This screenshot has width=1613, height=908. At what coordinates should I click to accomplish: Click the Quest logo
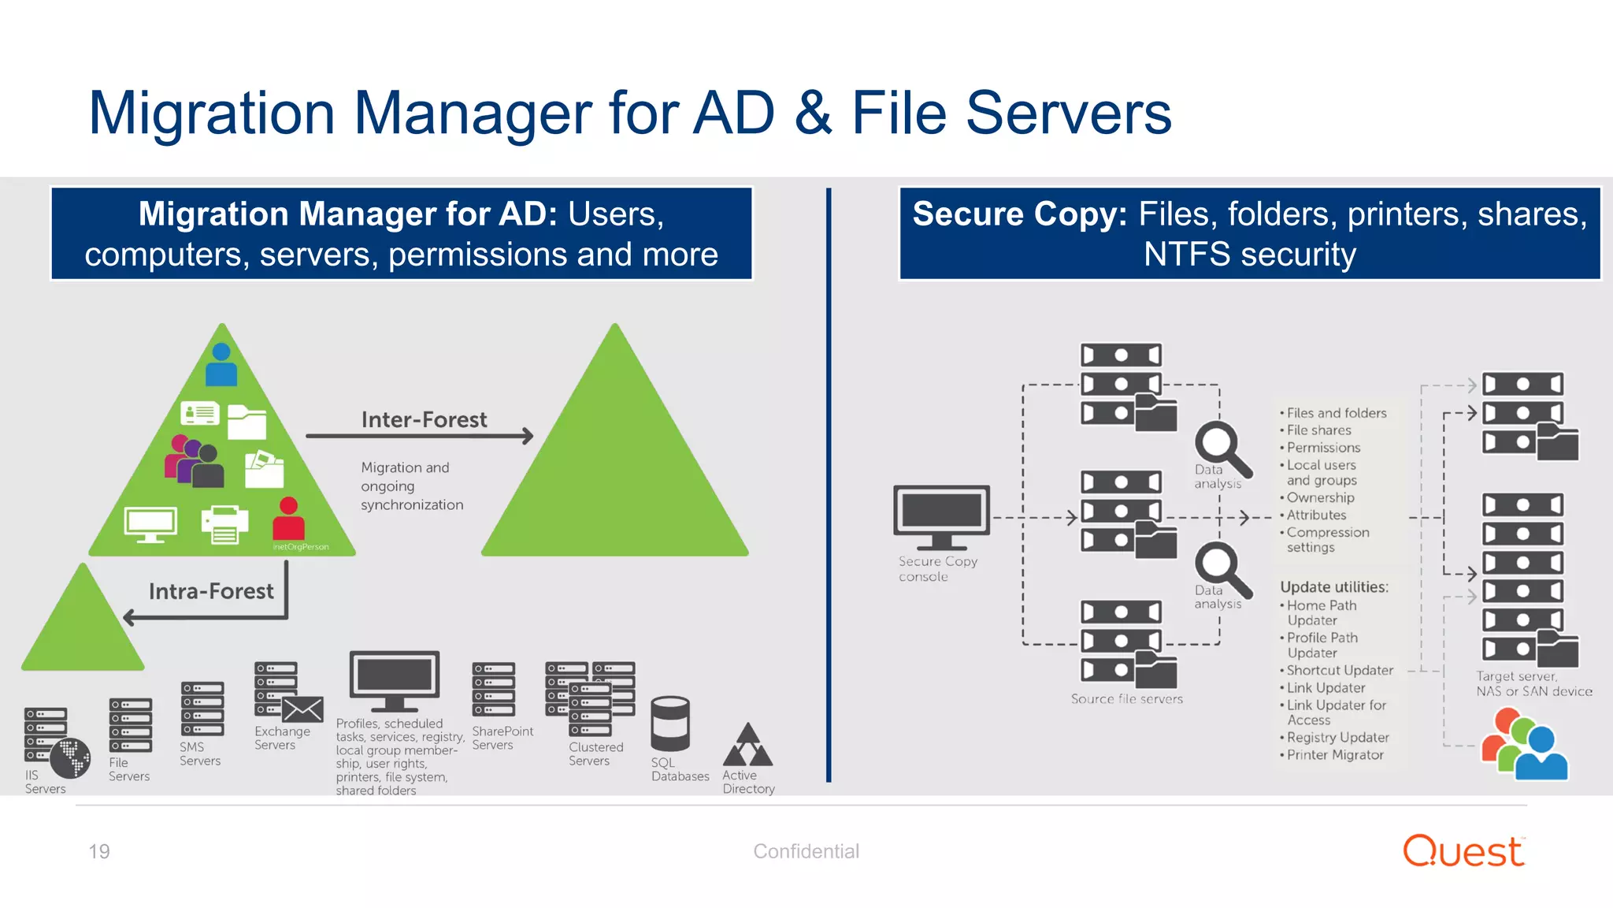[1463, 851]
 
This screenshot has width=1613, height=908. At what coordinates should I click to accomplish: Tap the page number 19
[99, 851]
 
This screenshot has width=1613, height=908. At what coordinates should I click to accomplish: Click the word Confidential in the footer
[806, 851]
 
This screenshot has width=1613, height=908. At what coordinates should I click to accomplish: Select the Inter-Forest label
[424, 420]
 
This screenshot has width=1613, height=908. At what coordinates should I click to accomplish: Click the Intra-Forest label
[211, 591]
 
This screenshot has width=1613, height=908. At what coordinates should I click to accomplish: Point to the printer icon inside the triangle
[224, 524]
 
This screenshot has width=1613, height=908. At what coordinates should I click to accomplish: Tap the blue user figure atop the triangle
[221, 364]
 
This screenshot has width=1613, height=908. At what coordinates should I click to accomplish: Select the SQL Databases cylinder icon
[670, 724]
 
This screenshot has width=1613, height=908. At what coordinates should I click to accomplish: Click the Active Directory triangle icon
[748, 746]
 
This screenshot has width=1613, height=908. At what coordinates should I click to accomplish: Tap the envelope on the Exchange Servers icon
[303, 709]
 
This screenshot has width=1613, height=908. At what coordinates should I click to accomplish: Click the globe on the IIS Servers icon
[70, 758]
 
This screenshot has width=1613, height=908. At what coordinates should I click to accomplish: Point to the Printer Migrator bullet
[1334, 755]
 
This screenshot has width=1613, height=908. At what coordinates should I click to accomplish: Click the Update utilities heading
[1333, 587]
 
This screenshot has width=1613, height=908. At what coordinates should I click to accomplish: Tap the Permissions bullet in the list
[1323, 448]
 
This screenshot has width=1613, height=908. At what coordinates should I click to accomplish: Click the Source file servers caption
[1126, 699]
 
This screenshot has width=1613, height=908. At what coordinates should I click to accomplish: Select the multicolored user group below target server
[1524, 745]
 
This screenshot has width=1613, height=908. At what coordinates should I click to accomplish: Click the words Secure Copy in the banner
[1019, 214]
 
